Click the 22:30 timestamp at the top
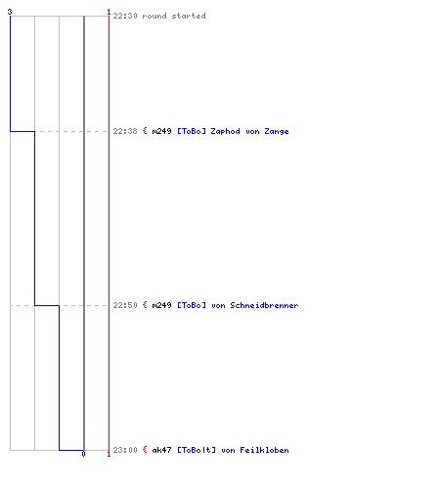pos(125,16)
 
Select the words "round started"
pos(174,16)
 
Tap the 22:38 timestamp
pos(125,131)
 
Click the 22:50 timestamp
pos(125,305)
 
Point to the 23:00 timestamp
pos(125,450)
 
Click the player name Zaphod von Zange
pos(249,131)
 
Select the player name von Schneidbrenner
pos(255,305)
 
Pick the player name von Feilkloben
pos(255,450)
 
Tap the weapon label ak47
pos(161,450)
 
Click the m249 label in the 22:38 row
pos(161,131)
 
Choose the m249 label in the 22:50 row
pos(161,305)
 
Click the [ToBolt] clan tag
pos(197,450)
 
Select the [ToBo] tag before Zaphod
pos(192,131)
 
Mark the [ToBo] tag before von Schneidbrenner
pos(192,305)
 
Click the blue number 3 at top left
pos(10,12)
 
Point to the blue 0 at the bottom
pos(83,454)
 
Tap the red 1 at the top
pos(109,12)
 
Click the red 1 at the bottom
pos(109,454)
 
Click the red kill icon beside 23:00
pos(145,450)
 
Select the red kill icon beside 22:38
pos(145,131)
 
